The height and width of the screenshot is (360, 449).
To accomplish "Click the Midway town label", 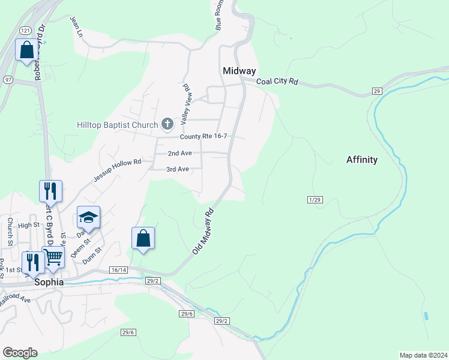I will (239, 71).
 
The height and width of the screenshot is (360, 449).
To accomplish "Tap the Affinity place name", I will (362, 160).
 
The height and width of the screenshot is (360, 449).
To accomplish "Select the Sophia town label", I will (49, 281).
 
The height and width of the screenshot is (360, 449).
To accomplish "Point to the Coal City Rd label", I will (277, 82).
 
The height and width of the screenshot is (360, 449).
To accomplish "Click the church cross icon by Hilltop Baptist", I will (167, 124).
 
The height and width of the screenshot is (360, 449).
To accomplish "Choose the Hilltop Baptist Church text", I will (118, 125).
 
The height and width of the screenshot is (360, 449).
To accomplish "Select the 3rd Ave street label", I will (178, 169).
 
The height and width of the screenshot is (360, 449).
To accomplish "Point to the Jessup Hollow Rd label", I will (117, 171).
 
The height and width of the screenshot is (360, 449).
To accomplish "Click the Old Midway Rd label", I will (203, 231).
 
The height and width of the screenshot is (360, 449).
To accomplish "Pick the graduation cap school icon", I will (88, 217).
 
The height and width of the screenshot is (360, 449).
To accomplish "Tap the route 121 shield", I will (25, 30).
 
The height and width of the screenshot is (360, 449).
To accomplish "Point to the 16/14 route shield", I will (118, 271).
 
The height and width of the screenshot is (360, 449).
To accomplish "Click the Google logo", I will (20, 353).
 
